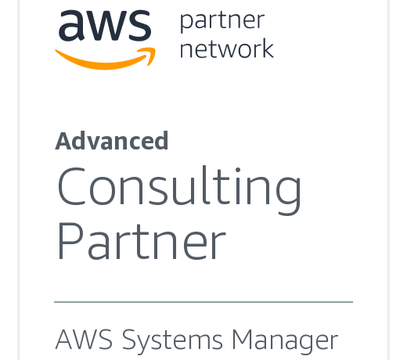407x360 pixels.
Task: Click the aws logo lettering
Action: (x=105, y=26)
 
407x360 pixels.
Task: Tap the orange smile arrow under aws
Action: (x=106, y=59)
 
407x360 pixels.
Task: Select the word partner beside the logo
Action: (x=222, y=21)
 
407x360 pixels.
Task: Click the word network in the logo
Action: (x=227, y=49)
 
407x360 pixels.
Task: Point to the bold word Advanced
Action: (x=112, y=141)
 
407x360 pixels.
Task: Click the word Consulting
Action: (x=179, y=190)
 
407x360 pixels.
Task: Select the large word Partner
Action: (x=142, y=241)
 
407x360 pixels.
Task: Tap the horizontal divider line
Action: (x=203, y=302)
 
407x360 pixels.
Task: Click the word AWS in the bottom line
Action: (x=84, y=340)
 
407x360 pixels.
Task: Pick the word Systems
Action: (x=172, y=341)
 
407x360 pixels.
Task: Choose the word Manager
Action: (x=285, y=341)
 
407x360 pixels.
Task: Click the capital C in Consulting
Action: (x=71, y=185)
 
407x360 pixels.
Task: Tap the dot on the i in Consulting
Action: (x=238, y=170)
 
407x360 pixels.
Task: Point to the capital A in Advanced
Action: (x=63, y=141)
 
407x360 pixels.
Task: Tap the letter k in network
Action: (x=266, y=48)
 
